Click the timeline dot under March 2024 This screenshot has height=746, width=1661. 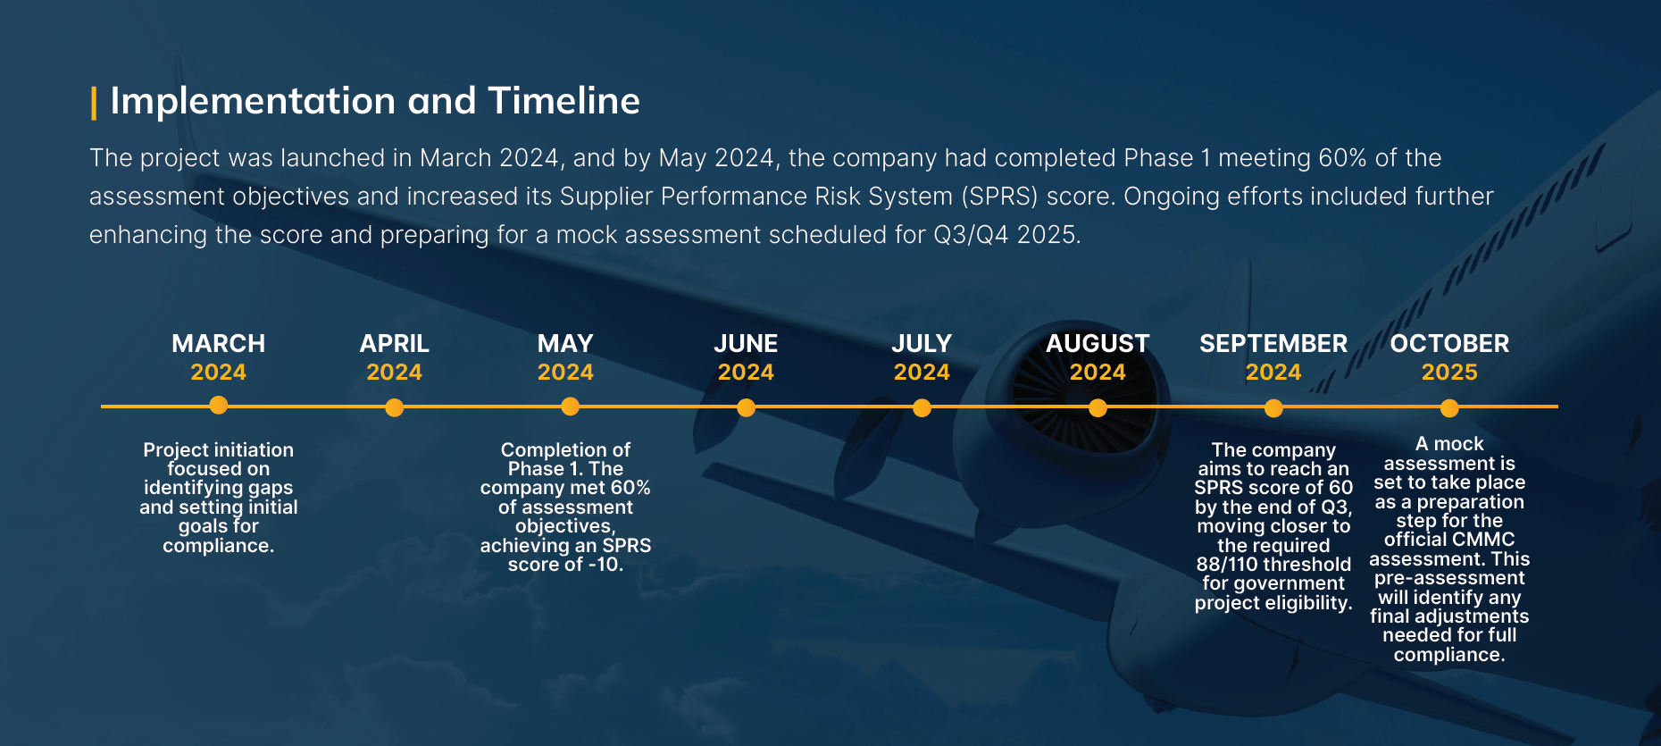point(219,406)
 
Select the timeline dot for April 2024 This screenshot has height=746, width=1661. point(395,408)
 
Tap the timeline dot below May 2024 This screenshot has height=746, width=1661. point(571,407)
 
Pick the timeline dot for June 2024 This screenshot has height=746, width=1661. point(747,408)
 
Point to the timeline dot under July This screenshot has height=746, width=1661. point(922,408)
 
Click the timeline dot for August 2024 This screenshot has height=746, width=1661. point(1098,408)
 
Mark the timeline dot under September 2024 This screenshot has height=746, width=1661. point(1274,408)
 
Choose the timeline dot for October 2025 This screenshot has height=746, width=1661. point(1450,408)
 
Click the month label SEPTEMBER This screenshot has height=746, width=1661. point(1273,344)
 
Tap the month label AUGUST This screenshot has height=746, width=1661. point(1098,344)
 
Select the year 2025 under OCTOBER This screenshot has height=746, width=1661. point(1449,373)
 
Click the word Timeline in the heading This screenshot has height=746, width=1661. point(563,101)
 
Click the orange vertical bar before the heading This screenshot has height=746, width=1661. point(94,103)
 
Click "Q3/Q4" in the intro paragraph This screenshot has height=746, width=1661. point(971,235)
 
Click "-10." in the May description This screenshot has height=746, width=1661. point(606,565)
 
